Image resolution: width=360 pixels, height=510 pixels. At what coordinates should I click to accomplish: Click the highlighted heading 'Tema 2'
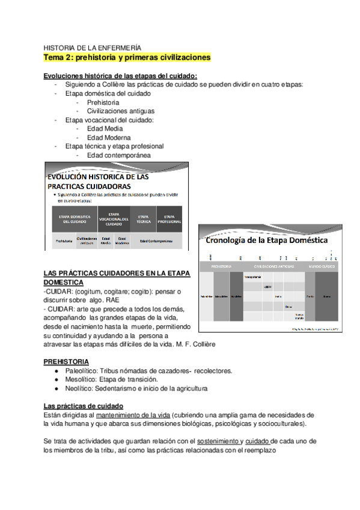(127, 58)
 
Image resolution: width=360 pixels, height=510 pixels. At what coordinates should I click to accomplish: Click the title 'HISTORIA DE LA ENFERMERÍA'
(93, 47)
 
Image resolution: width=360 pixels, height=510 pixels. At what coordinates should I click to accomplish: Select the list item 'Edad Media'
(105, 128)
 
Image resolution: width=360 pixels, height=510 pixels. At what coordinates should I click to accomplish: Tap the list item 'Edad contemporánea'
(118, 155)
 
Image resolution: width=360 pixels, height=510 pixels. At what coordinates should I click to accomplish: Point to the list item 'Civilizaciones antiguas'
(120, 111)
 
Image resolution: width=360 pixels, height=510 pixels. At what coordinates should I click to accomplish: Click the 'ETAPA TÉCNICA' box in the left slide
(143, 219)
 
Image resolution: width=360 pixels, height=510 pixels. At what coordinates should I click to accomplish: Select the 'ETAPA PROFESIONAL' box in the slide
(169, 219)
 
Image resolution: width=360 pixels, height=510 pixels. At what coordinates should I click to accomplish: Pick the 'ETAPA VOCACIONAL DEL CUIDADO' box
(114, 219)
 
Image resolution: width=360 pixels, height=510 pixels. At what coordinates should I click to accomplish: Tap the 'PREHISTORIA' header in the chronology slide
(222, 265)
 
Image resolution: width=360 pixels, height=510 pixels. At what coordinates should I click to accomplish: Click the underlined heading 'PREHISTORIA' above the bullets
(66, 361)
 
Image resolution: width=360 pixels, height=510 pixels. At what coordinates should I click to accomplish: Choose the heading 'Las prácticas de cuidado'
(84, 406)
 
